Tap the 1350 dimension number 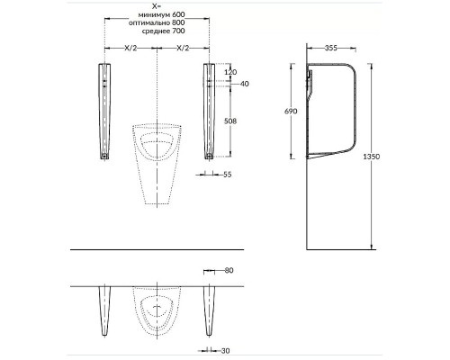click(x=386, y=156)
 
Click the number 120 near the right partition click(x=229, y=71)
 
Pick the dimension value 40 click(x=245, y=84)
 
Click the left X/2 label click(x=132, y=47)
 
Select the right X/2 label click(x=183, y=47)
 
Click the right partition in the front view click(x=209, y=112)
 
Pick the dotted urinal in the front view click(x=157, y=162)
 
